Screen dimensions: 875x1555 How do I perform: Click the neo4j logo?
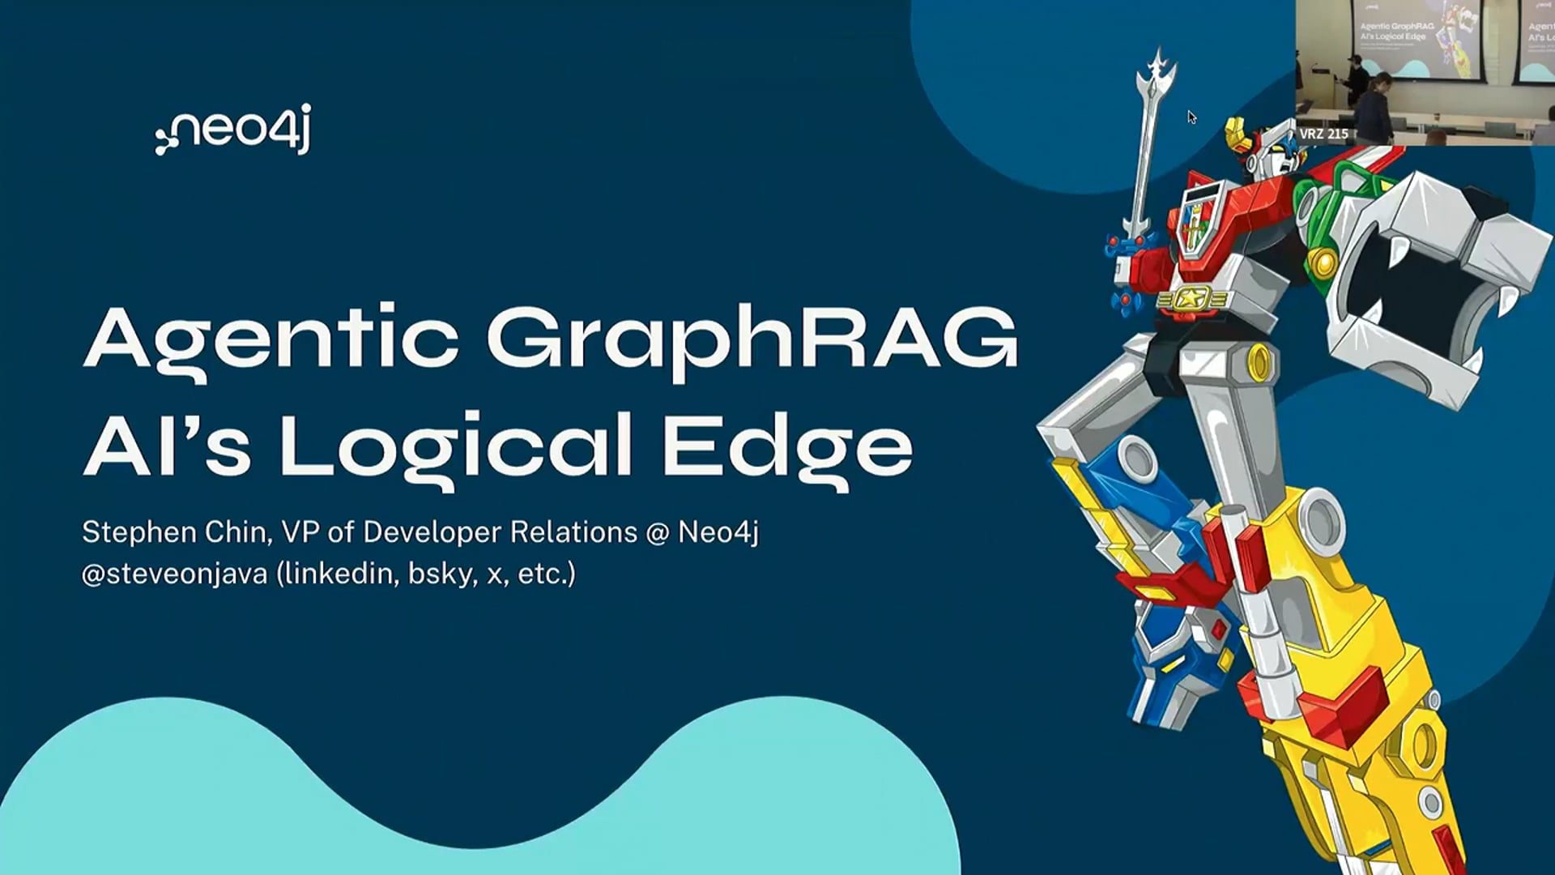233,130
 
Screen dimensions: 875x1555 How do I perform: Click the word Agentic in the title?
271,339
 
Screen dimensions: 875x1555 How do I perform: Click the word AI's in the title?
167,446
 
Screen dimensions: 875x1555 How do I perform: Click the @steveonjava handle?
174,574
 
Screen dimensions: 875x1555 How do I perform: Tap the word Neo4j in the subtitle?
718,532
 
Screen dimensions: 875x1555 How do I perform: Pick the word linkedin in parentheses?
339,574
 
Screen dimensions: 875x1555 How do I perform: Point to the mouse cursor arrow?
1191,117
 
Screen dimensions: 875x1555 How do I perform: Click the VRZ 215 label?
1323,134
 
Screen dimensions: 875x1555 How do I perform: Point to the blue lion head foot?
1174,656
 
